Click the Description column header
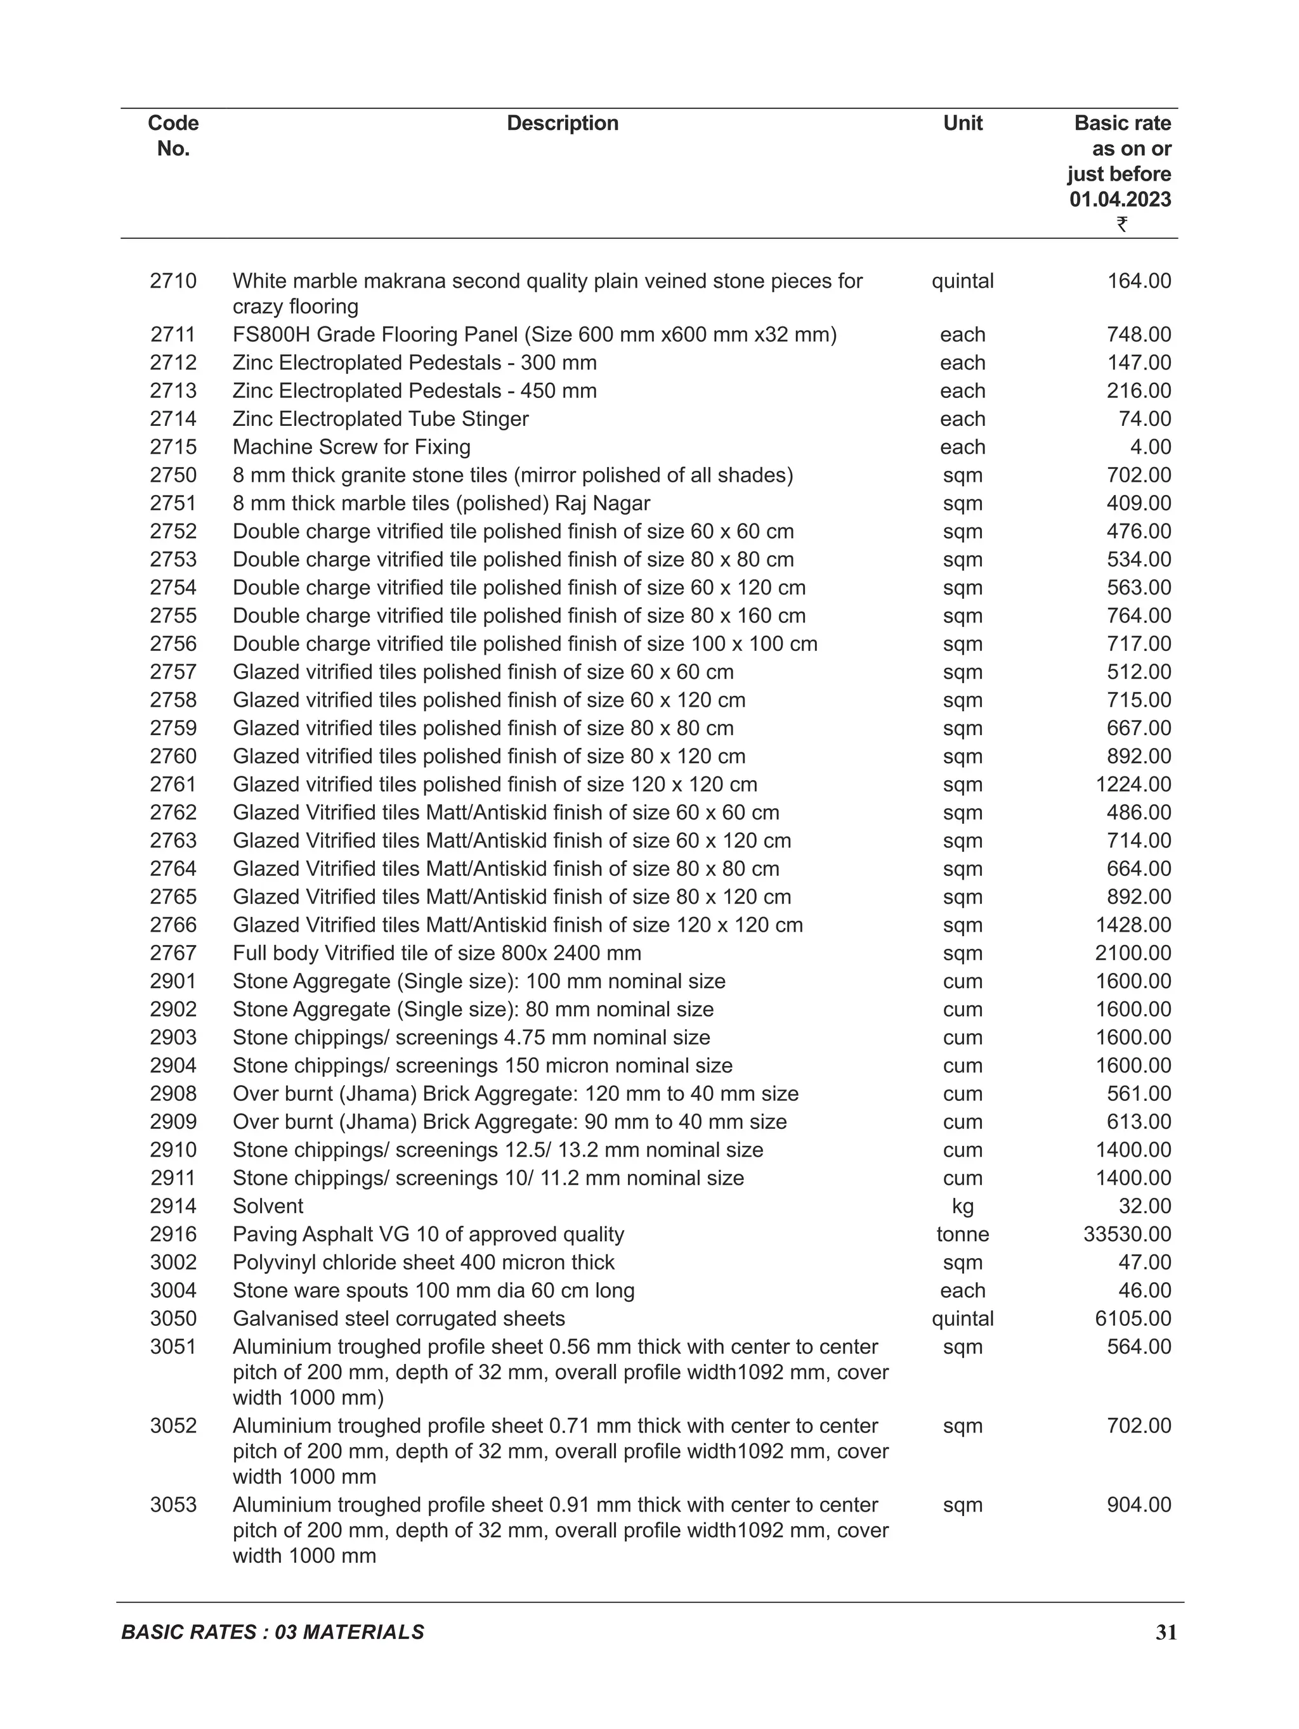563,123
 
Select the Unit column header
963,123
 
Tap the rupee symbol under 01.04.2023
1121,224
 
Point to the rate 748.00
1139,335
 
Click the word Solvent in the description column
268,1206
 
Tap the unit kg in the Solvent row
963,1206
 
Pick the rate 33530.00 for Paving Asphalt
1127,1234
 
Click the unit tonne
963,1234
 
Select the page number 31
1166,1632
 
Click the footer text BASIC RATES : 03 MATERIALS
273,1632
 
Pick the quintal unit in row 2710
963,281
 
